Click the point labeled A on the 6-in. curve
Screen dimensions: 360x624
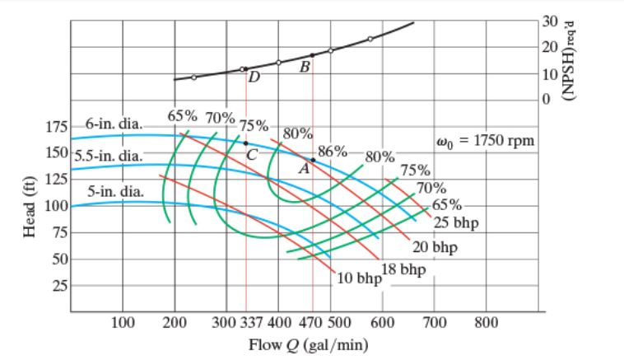313,160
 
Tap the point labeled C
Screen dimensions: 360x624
245,143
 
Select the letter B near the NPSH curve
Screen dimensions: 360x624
305,66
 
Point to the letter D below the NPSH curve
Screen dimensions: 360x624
254,77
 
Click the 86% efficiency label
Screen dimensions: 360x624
333,151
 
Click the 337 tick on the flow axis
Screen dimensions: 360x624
254,321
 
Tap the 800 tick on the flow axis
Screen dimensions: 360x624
486,321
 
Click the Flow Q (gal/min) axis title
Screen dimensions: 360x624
308,344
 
